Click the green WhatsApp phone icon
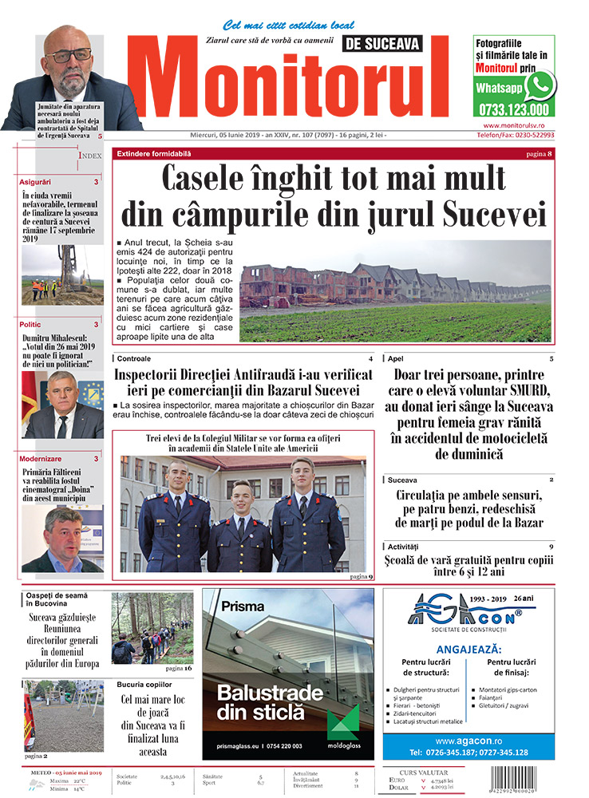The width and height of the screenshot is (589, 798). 540,85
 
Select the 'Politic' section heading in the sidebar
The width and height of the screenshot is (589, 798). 31,325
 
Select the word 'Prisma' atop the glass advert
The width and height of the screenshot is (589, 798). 243,606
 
